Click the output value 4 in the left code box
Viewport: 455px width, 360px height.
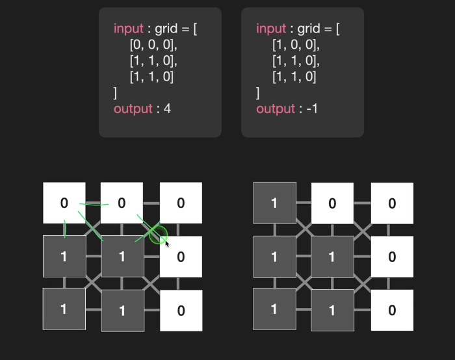[167, 109]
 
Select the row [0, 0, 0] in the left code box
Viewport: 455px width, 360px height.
[153, 45]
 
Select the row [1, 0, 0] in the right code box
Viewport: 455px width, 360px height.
[296, 45]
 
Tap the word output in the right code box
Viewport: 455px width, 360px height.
[276, 109]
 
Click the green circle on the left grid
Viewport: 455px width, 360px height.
[158, 235]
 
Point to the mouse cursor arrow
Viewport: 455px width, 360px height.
[168, 244]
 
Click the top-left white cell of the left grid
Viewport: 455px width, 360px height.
[64, 203]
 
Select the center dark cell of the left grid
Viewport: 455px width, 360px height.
[122, 256]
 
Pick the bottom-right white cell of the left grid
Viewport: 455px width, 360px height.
[181, 311]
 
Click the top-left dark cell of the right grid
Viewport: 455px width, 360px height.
[274, 203]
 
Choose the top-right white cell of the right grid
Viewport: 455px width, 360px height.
[392, 203]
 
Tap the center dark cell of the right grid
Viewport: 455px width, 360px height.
[332, 256]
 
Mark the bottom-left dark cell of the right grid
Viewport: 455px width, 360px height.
[274, 309]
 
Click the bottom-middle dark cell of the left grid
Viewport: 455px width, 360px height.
[122, 311]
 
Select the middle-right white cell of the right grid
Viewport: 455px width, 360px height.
[392, 256]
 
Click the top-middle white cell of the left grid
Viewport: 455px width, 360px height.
[122, 203]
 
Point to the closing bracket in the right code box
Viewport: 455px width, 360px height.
[258, 93]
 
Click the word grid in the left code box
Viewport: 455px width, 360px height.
[167, 29]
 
